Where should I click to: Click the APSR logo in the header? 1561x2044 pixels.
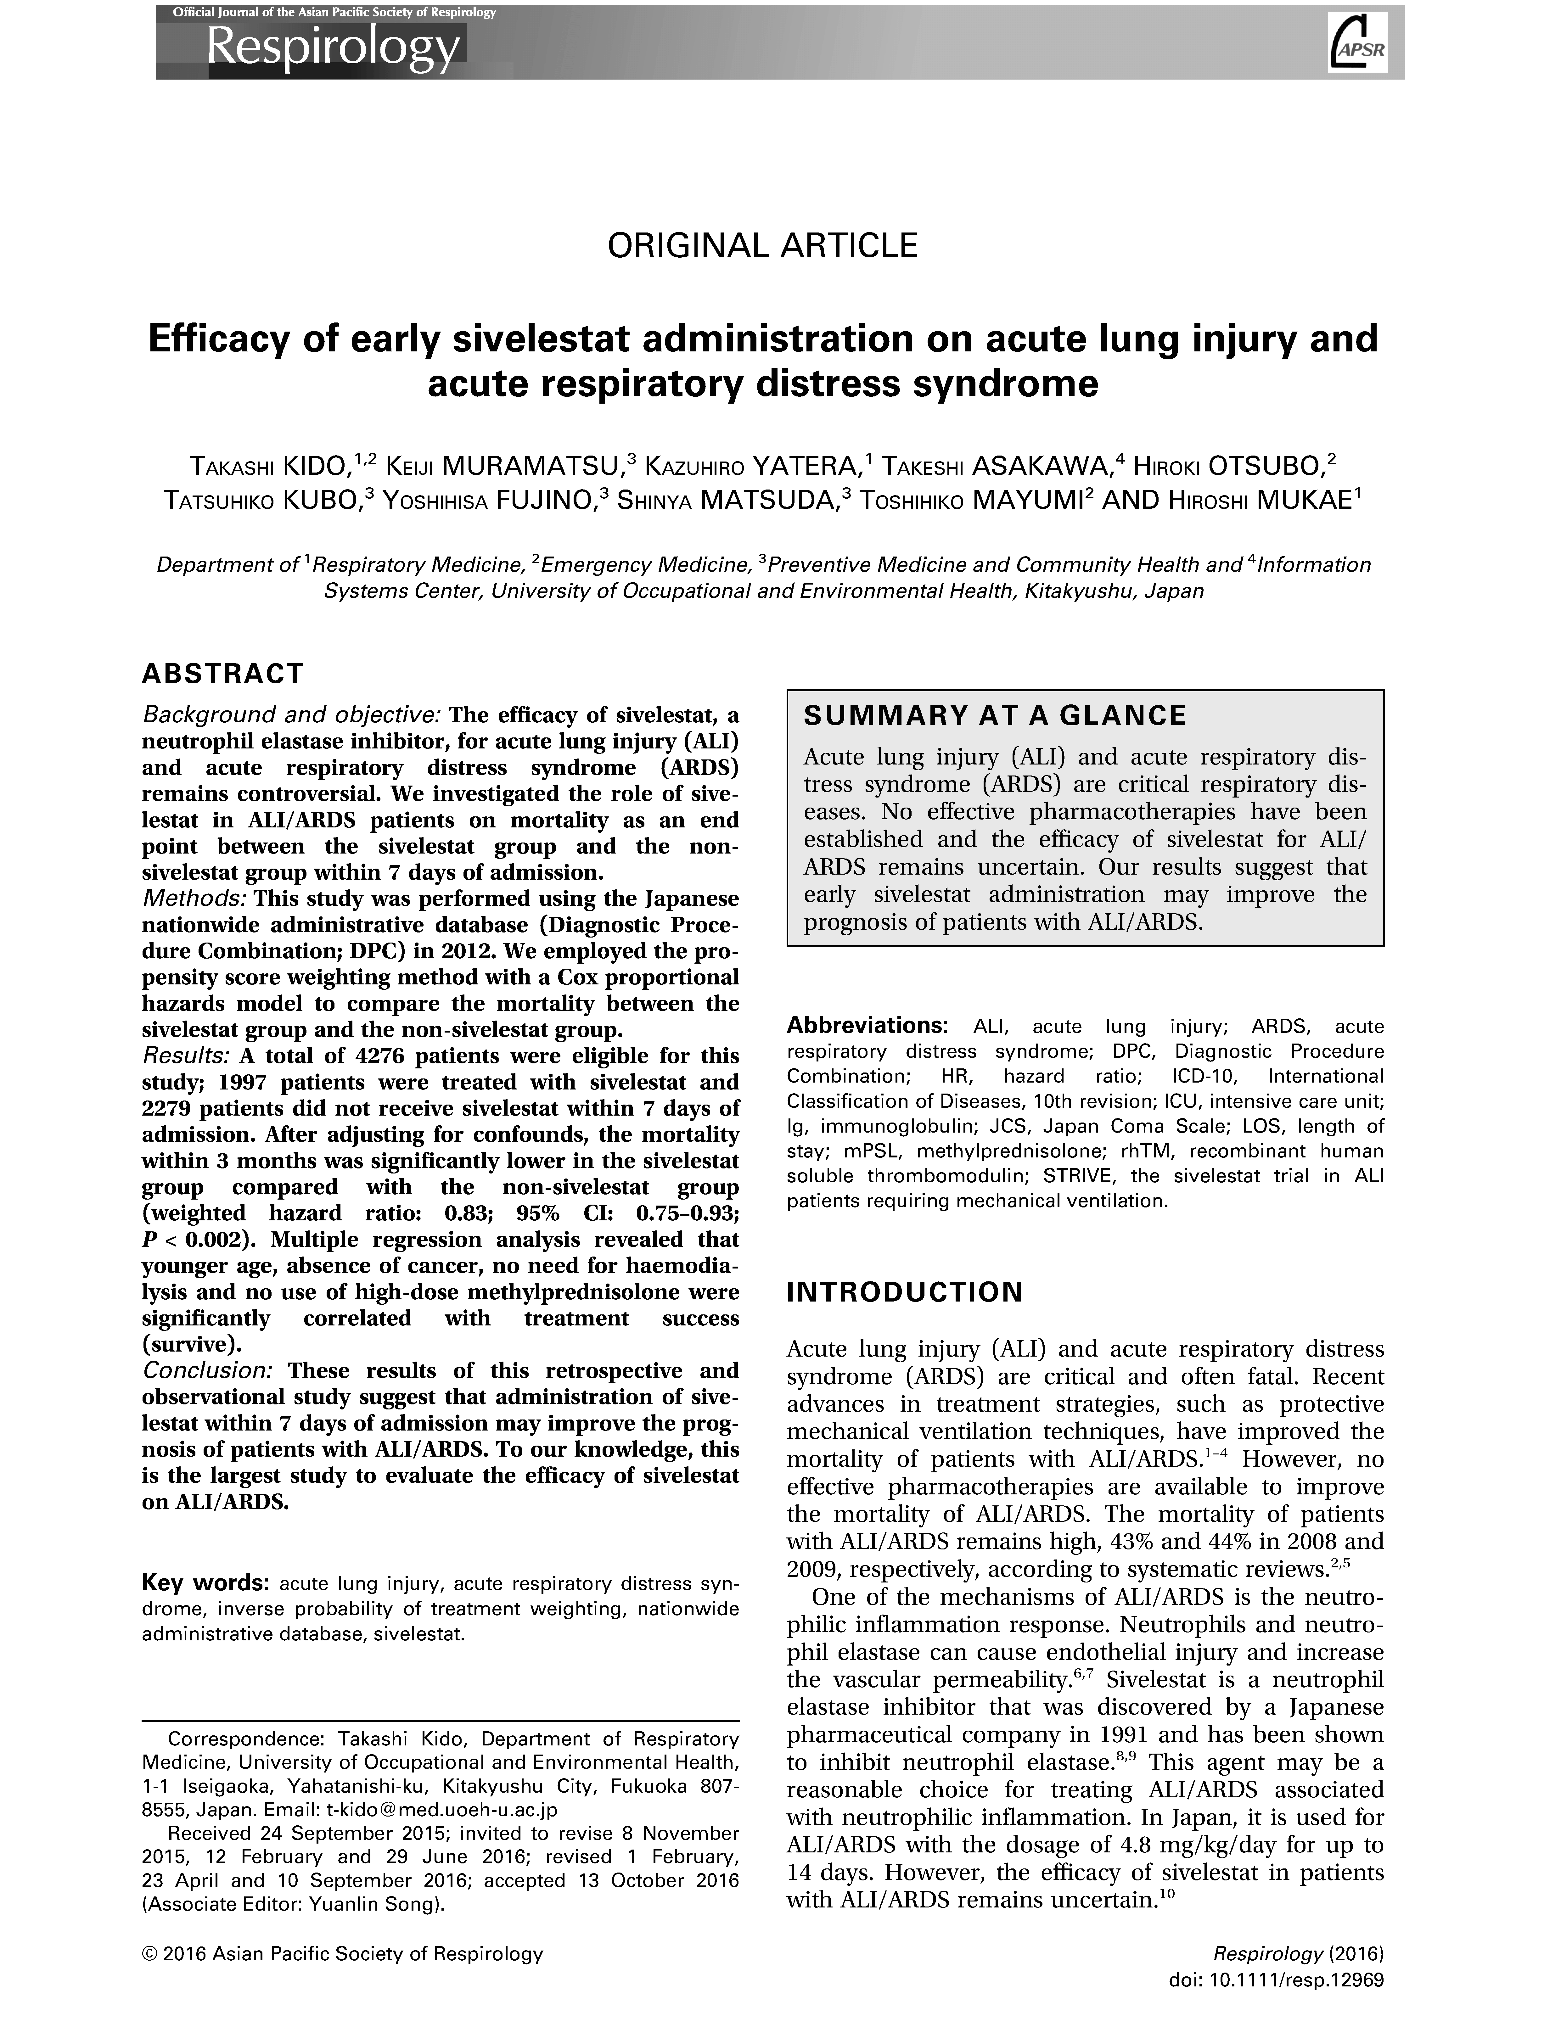click(x=1358, y=43)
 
